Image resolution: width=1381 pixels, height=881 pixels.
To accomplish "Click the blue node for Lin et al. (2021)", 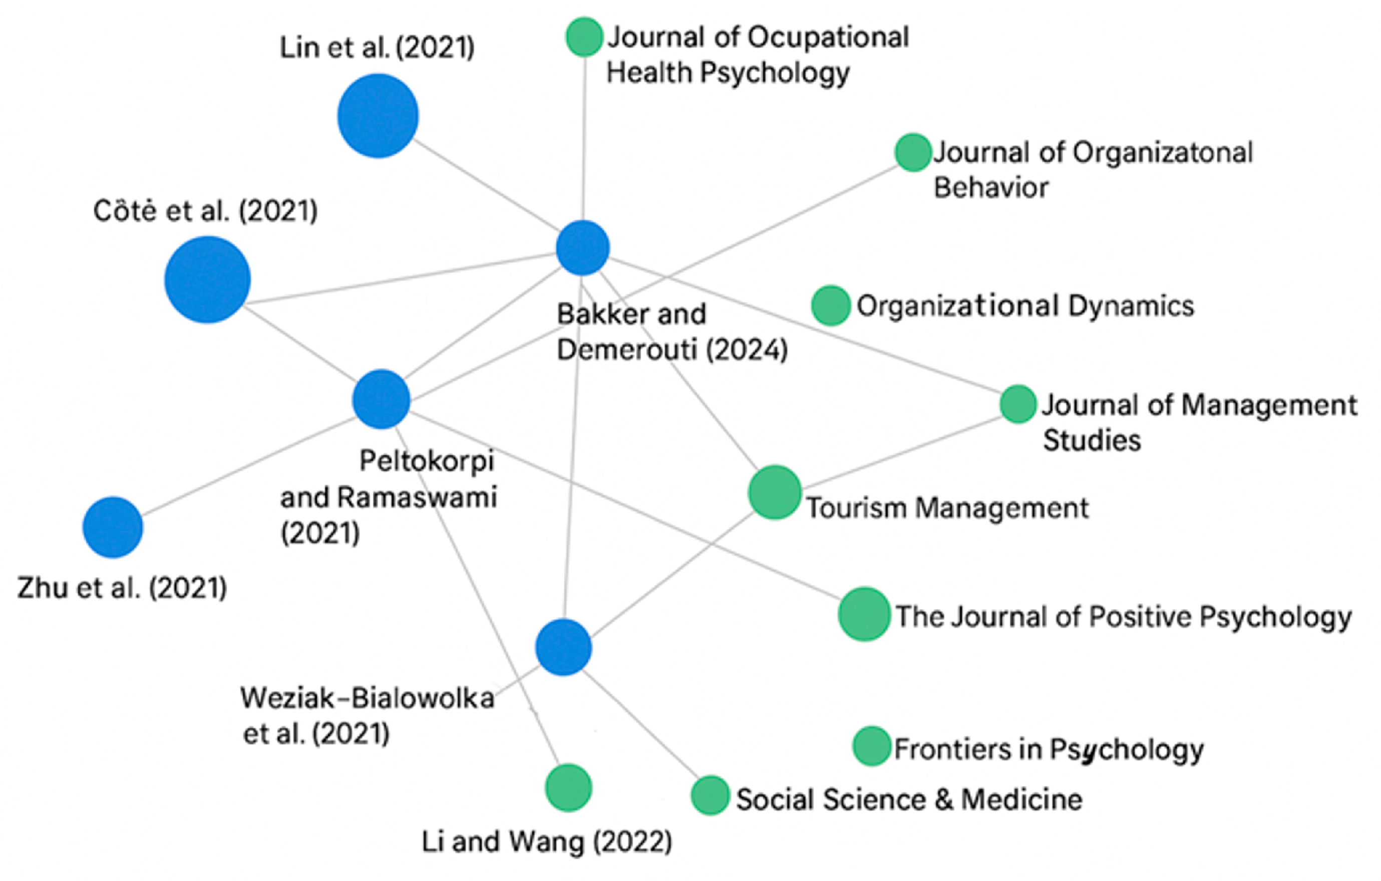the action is point(378,116).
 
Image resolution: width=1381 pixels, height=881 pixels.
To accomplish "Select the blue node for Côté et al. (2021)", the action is point(208,279).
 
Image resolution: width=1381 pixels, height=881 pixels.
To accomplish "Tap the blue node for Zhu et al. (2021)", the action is point(113,527).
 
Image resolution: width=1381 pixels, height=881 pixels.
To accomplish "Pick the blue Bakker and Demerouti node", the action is point(583,248).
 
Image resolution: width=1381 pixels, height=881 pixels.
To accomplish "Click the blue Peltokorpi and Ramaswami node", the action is point(382,399).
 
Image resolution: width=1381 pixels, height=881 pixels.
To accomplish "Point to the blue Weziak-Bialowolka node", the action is point(564,647).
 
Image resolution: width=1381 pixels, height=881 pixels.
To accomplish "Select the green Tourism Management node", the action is point(775,492).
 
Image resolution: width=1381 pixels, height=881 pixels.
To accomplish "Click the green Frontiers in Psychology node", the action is point(872,746).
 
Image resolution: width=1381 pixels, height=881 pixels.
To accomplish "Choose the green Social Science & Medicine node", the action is point(711,795).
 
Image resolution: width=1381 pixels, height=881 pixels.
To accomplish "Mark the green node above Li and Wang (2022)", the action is point(568,788).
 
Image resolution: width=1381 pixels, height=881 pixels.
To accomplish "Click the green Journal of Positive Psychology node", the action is point(864,614).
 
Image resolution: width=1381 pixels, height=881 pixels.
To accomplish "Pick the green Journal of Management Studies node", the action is point(1018,404).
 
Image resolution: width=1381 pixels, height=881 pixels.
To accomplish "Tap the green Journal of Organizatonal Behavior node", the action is point(913,153).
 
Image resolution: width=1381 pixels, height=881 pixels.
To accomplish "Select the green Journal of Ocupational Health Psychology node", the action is point(584,37).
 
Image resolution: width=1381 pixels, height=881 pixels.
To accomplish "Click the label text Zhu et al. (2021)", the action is point(122,588).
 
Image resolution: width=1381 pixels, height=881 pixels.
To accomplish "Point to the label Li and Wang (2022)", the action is point(547,842).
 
